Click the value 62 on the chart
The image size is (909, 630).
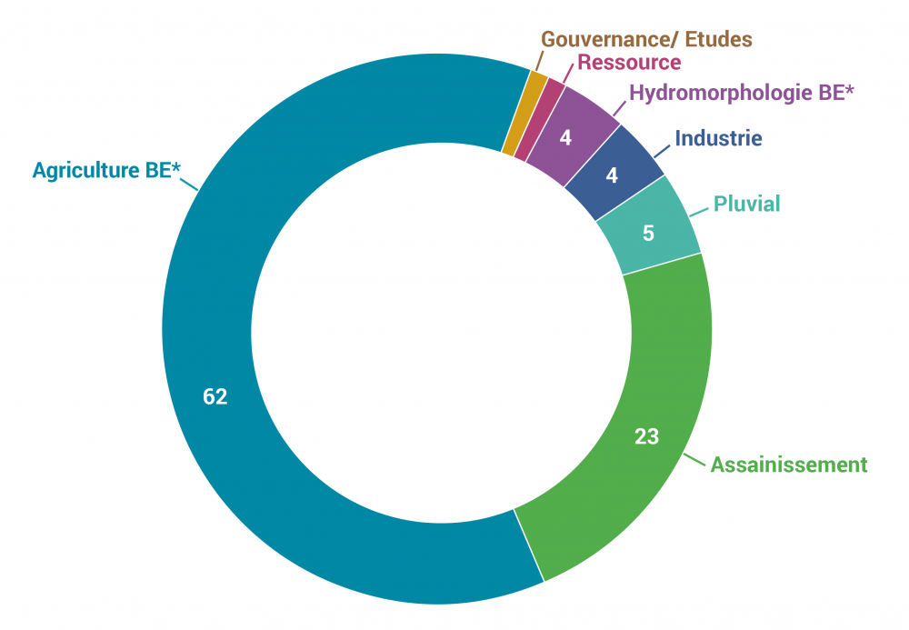[215, 397]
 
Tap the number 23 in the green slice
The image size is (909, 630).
[646, 437]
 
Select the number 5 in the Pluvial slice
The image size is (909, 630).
[648, 233]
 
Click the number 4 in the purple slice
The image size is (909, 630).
[565, 139]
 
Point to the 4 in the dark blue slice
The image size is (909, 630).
[612, 175]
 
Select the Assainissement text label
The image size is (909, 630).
[789, 465]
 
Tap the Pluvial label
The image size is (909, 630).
[746, 204]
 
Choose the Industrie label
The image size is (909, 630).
[718, 139]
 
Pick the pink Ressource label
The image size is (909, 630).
[629, 63]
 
